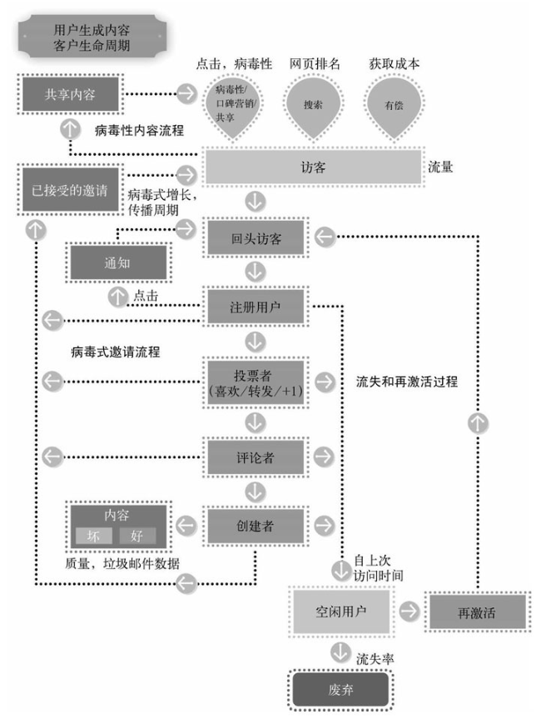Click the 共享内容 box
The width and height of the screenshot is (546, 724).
[70, 94]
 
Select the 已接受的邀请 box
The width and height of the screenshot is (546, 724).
[70, 189]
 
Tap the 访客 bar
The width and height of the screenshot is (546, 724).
[314, 167]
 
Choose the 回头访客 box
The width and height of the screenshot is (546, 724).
[256, 237]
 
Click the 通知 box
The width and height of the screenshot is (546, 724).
[117, 262]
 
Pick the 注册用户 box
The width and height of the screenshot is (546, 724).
[256, 306]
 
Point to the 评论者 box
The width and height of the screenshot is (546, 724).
[256, 457]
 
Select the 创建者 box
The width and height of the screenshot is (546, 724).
[256, 526]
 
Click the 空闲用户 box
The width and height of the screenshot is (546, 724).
[341, 612]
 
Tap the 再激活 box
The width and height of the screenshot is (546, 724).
[477, 612]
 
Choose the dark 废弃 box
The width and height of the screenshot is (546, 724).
[340, 689]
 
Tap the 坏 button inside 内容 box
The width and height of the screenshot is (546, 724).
[94, 536]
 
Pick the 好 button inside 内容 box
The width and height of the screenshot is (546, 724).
[137, 536]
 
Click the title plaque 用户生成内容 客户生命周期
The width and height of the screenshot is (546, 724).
[92, 37]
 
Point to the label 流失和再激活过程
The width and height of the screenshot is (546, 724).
[407, 382]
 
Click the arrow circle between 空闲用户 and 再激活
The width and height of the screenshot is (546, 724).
[409, 611]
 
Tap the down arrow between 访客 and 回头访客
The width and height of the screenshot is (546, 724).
[255, 202]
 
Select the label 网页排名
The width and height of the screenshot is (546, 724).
[315, 63]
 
